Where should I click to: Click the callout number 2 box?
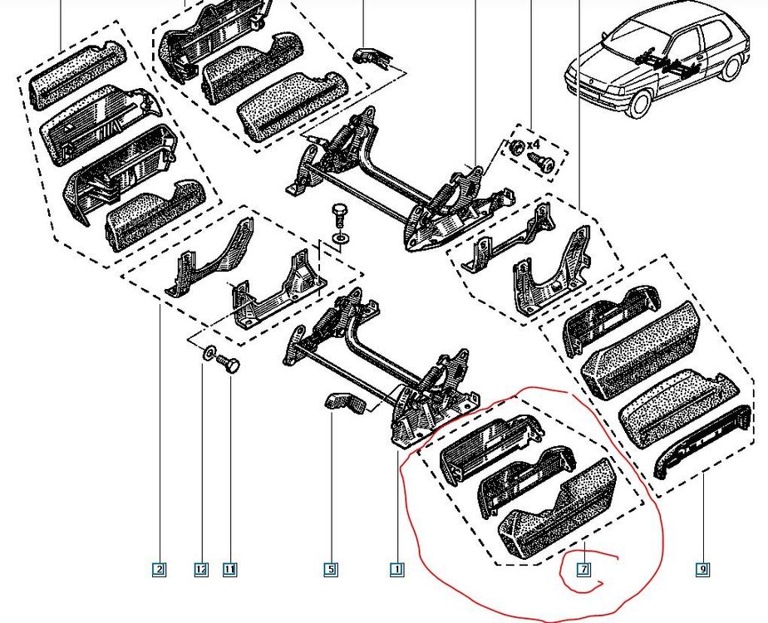click(160, 569)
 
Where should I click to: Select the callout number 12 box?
click(201, 569)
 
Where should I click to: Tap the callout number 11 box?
click(230, 569)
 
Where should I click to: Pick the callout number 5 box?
click(331, 569)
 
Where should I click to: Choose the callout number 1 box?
click(397, 569)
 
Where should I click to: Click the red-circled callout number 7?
click(583, 569)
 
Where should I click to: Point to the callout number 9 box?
click(702, 569)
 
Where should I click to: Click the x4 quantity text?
click(533, 145)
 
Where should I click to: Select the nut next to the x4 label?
click(516, 146)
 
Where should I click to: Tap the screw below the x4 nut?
click(542, 163)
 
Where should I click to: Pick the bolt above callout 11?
click(229, 364)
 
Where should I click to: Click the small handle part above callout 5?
click(345, 401)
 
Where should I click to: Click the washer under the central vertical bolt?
click(339, 238)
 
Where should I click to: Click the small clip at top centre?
click(373, 56)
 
